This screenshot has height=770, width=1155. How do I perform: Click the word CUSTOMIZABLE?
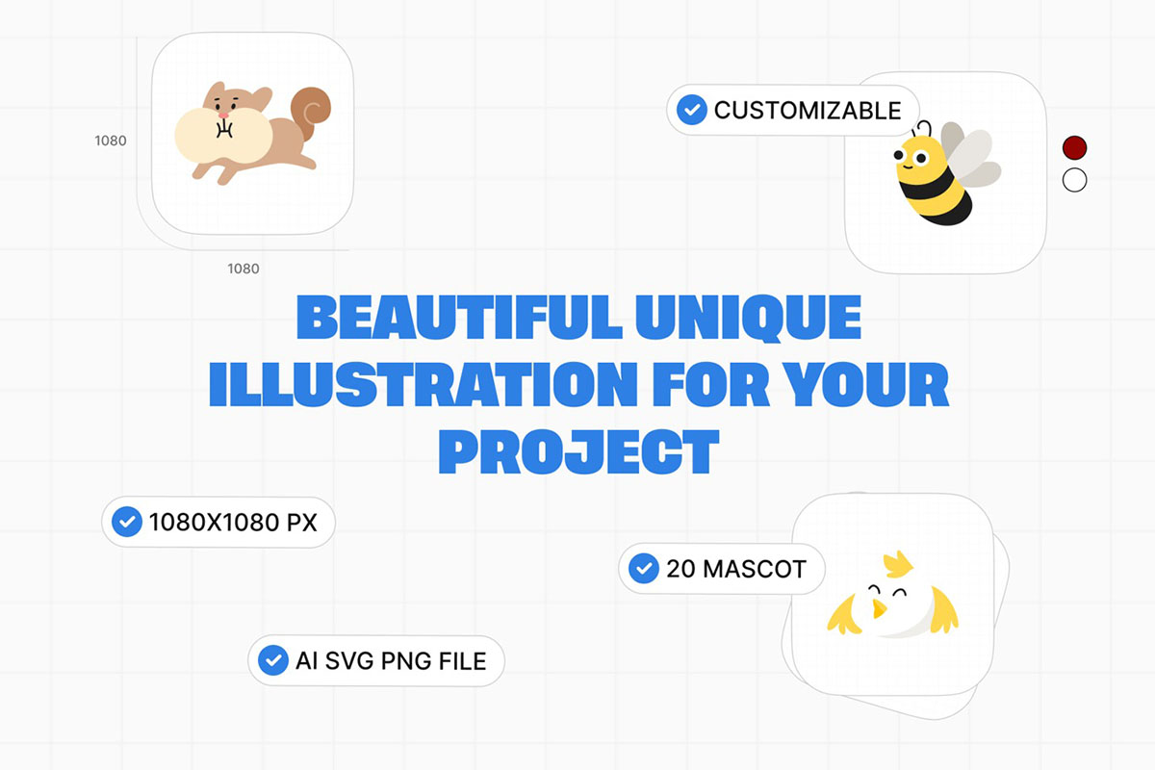point(808,111)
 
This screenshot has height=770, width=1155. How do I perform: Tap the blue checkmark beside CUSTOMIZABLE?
point(691,110)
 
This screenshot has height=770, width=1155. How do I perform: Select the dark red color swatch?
point(1074,147)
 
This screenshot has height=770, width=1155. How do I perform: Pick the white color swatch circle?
point(1074,180)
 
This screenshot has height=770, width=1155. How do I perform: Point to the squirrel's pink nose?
point(223,115)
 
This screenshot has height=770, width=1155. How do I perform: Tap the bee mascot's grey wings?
point(969,154)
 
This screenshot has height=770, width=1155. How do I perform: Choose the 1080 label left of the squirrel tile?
point(111,141)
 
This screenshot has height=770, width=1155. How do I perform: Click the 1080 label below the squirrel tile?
point(244,269)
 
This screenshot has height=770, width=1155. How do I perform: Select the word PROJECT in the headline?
point(578,451)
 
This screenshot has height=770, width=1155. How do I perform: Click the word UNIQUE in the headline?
point(748,318)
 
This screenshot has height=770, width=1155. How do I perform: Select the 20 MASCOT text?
point(735,569)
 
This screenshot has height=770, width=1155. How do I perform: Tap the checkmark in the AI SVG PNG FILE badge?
point(272,660)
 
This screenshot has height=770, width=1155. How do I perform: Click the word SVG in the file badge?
point(350,660)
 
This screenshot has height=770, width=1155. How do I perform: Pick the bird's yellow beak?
point(878,608)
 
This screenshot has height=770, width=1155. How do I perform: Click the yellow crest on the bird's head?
point(898,564)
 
